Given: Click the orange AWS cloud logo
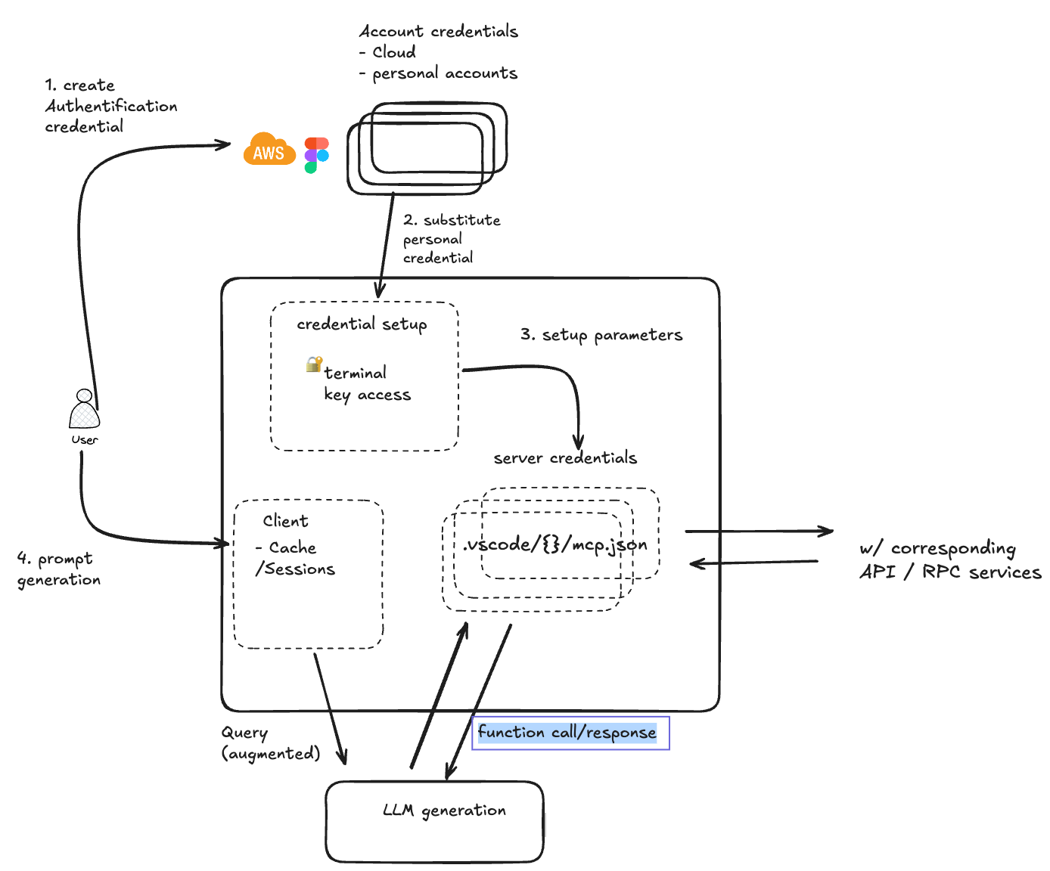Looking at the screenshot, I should tap(269, 150).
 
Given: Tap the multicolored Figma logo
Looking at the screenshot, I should tap(316, 155).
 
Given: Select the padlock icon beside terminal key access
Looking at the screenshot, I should tap(314, 364).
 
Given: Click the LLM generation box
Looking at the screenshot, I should tap(434, 821).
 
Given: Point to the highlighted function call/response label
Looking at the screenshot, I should tap(567, 733).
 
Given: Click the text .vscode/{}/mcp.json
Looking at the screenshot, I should tap(555, 544).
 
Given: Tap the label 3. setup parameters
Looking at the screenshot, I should tap(601, 335).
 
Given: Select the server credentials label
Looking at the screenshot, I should tap(565, 458).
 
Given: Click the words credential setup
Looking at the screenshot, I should tap(362, 324).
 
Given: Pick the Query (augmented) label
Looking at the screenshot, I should tap(270, 743).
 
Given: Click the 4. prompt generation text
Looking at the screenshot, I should tap(58, 569).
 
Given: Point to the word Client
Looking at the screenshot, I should tap(285, 521).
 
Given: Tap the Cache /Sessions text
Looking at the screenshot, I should tap(294, 559).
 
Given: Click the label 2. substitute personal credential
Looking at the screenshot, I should tap(451, 239).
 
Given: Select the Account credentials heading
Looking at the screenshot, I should tap(438, 32).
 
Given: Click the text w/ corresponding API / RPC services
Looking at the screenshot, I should tap(950, 560).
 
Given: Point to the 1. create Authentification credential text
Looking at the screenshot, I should tap(110, 106).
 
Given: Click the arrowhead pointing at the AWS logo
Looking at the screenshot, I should tap(225, 144).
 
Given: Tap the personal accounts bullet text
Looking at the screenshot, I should tap(444, 73).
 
